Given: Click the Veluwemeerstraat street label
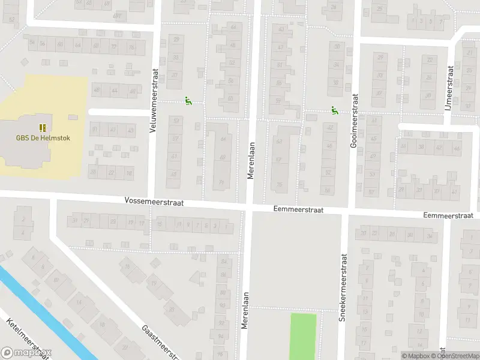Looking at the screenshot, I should click(x=154, y=100).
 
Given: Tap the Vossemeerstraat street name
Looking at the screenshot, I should click(x=154, y=202).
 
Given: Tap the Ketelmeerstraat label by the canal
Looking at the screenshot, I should click(x=27, y=340).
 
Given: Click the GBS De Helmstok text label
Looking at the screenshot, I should click(x=43, y=138).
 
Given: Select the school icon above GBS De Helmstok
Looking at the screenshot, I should click(x=43, y=127).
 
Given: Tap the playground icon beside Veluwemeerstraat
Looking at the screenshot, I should click(x=188, y=101).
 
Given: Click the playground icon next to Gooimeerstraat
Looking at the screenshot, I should click(x=334, y=110).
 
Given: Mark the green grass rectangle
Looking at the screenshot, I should click(x=303, y=336).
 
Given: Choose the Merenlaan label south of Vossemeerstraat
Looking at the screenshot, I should click(x=245, y=310).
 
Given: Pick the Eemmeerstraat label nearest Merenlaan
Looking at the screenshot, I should click(x=298, y=210).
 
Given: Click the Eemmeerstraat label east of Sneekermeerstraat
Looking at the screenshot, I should click(x=448, y=215).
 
